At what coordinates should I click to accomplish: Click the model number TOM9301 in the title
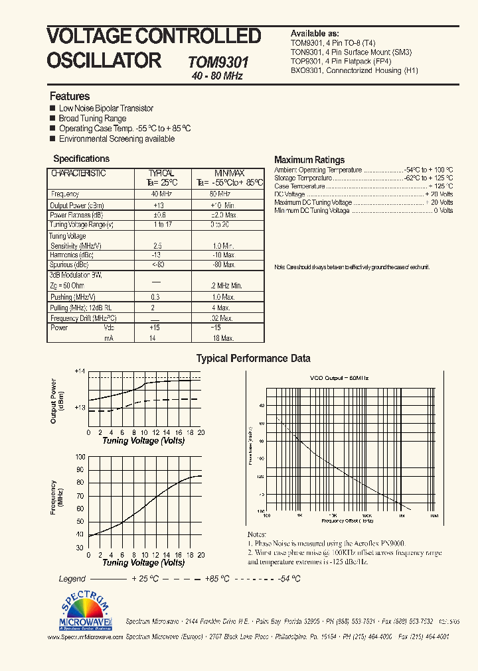[x=218, y=62]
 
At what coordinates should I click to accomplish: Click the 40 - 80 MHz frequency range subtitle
[x=217, y=76]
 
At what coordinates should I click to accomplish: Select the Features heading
[x=70, y=96]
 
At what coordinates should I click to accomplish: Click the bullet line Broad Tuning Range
[x=92, y=119]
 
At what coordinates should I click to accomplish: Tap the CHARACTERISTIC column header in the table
[x=78, y=173]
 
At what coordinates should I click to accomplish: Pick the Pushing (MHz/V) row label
[x=72, y=297]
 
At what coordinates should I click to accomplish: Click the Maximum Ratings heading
[x=309, y=160]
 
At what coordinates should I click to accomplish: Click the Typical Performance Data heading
[x=253, y=359]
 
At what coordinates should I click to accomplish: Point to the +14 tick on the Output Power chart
[x=80, y=371]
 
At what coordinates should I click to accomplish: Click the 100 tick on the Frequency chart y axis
[x=80, y=457]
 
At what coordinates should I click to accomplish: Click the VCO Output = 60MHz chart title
[x=339, y=377]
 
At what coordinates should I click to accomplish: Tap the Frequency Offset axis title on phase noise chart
[x=349, y=521]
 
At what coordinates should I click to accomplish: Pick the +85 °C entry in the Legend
[x=217, y=579]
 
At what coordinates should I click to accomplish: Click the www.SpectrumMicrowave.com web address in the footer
[x=86, y=636]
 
